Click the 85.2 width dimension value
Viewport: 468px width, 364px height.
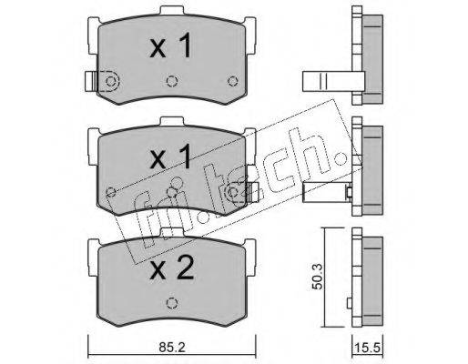[172, 347]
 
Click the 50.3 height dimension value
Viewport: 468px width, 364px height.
[319, 277]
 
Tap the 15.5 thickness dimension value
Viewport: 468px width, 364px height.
[368, 348]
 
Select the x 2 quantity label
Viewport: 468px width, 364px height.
[171, 268]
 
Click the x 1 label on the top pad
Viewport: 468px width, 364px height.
[170, 45]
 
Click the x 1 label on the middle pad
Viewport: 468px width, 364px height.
[170, 157]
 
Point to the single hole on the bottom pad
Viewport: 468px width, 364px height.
[172, 303]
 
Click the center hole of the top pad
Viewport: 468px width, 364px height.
[172, 81]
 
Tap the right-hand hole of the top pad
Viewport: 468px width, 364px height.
[233, 81]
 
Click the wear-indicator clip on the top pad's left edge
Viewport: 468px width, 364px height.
[91, 81]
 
